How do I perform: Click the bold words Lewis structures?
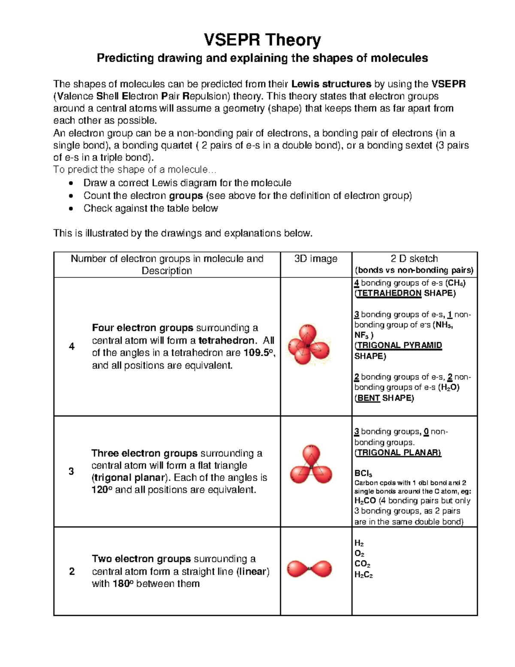coord(331,84)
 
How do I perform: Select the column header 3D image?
coord(316,259)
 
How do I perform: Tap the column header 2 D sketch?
coord(414,259)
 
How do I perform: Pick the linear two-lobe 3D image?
coord(309,569)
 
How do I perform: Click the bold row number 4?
coord(72,347)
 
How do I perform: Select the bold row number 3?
coord(71,472)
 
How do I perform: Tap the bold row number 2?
coord(72,572)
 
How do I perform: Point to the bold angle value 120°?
coord(102,490)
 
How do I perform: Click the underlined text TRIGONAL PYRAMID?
coord(399,346)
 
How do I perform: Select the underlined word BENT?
coord(368,398)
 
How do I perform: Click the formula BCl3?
coord(363,473)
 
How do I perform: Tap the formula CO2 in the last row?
coord(362,564)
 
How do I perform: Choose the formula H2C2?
coord(364,575)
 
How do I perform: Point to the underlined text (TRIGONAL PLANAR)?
coord(397,453)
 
